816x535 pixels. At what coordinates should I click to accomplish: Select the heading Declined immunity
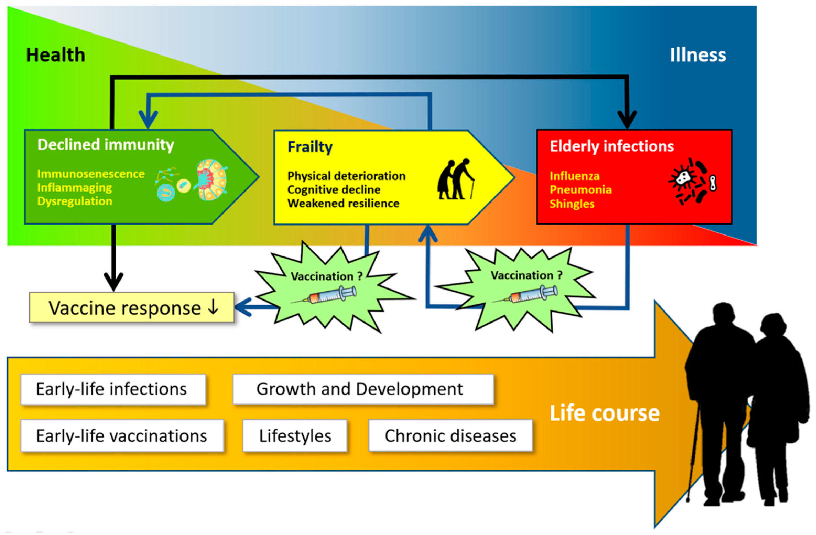(x=106, y=145)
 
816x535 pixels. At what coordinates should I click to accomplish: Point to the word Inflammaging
(x=74, y=188)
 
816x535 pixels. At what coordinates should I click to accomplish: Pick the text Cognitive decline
(x=334, y=189)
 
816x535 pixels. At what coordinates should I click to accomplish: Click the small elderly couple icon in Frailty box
(x=455, y=179)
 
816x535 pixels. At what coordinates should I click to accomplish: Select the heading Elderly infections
(x=612, y=146)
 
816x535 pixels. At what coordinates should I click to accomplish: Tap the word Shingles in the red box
(x=572, y=204)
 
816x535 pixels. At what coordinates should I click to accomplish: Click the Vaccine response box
(x=132, y=307)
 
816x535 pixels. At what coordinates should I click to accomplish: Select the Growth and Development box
(x=363, y=389)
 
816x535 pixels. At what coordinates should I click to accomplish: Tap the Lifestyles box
(x=295, y=436)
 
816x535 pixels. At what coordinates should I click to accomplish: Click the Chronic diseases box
(x=450, y=436)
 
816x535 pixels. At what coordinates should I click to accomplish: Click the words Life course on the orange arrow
(x=605, y=413)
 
